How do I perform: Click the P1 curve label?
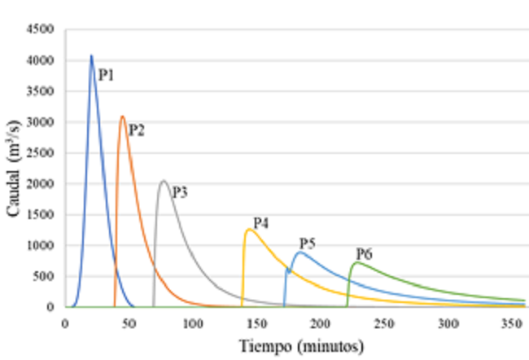pos(106,76)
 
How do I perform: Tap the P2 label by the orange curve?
pos(136,130)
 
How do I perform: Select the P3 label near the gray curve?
pos(179,192)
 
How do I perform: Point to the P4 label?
pos(260,222)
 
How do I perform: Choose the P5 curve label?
pos(307,243)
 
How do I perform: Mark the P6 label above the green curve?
pos(363,253)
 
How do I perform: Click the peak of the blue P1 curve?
pos(91,55)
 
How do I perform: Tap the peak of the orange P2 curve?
pos(122,116)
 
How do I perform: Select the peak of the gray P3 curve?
pos(164,181)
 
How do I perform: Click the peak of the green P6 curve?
pos(356,262)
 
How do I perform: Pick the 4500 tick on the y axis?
pos(41,29)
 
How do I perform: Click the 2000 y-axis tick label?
pos(41,184)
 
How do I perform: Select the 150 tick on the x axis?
pos(256,323)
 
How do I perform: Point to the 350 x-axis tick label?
pos(511,323)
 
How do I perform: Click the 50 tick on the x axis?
pos(129,323)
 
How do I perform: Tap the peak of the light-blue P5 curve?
pos(300,252)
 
